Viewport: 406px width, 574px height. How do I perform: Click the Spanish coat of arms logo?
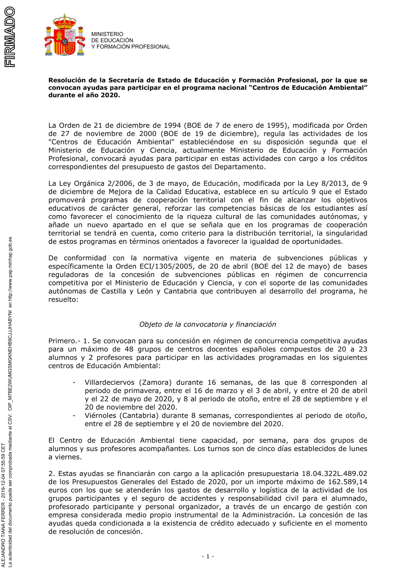65,35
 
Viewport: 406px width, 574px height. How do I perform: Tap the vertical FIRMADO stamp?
9,37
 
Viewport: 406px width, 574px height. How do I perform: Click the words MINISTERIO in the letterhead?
107,34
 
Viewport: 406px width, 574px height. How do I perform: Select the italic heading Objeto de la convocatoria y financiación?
207,324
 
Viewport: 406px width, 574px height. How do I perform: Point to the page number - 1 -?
208,556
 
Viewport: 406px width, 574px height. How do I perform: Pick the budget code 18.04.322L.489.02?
334,473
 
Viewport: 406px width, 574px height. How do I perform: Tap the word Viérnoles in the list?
101,416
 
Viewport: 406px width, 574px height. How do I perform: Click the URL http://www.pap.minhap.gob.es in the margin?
11,268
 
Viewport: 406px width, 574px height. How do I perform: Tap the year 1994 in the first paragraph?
172,125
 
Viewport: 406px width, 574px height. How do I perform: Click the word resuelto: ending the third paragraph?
63,300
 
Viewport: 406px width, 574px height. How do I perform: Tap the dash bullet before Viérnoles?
74,416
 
